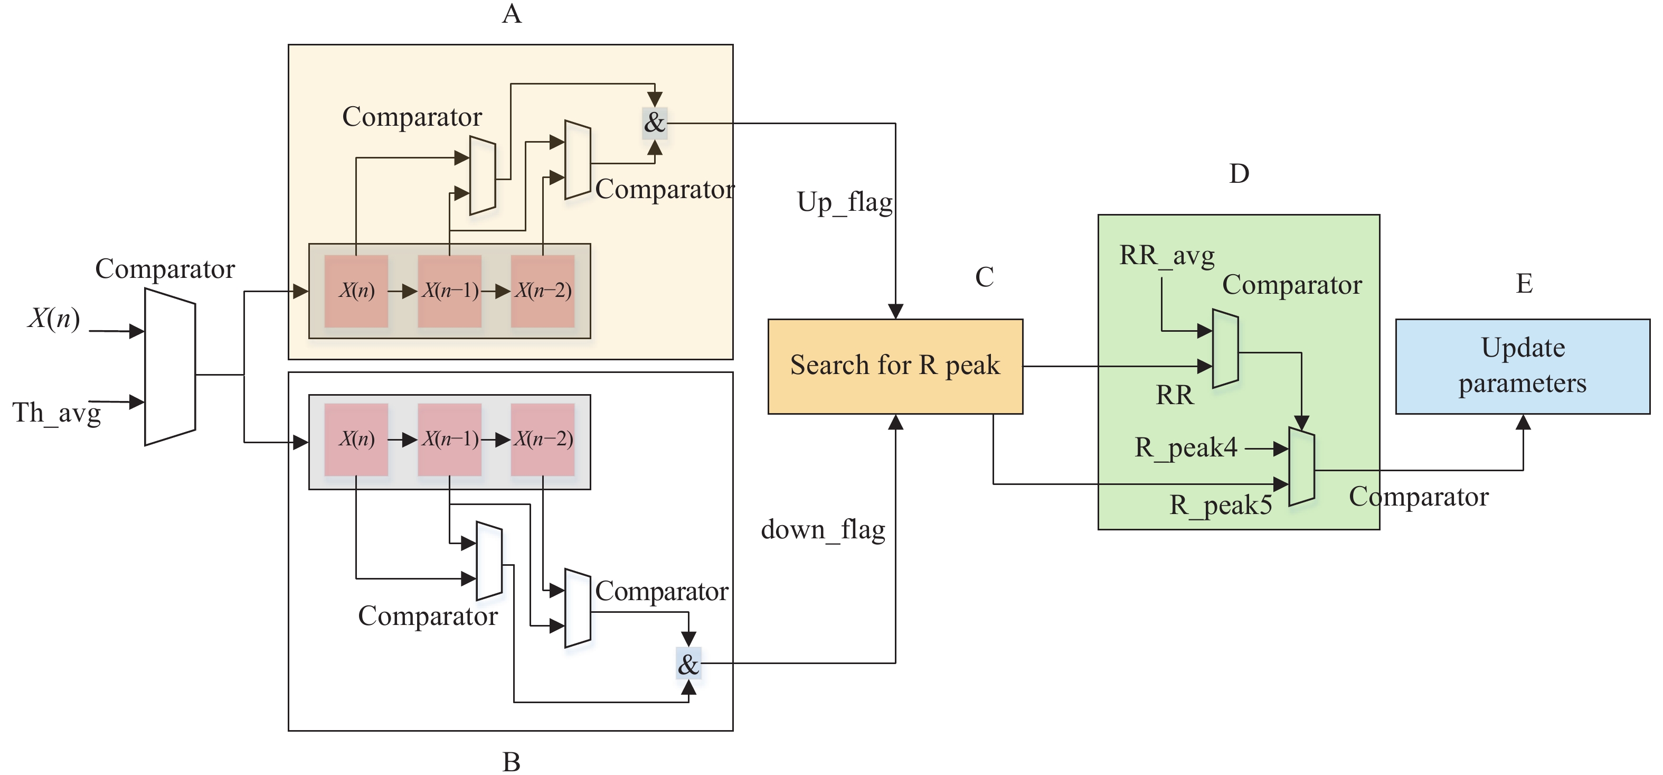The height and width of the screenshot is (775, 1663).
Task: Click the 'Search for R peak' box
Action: point(895,366)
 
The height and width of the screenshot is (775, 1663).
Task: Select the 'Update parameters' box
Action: point(1522,366)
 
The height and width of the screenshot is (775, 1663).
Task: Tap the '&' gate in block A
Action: point(655,123)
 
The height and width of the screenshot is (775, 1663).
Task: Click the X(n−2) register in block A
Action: point(542,291)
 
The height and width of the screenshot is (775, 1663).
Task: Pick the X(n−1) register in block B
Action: point(449,439)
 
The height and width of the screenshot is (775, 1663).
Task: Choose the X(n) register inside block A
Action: point(356,291)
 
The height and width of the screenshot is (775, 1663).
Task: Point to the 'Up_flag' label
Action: point(844,203)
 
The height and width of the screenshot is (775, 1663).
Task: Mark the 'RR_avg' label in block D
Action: point(1167,256)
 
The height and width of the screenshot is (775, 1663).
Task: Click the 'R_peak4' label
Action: point(1186,447)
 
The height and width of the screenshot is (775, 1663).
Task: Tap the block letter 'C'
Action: point(984,278)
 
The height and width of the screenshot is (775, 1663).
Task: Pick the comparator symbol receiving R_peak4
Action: point(1301,466)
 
